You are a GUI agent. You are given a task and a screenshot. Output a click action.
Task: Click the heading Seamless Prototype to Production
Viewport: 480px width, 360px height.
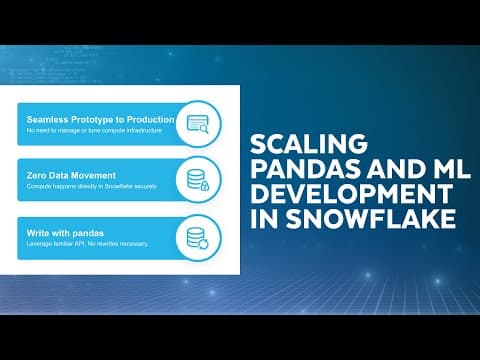tap(102, 119)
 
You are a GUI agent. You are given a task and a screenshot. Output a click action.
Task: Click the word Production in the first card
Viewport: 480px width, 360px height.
tap(148, 119)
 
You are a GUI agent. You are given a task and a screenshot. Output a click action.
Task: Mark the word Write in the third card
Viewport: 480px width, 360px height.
tap(39, 231)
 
